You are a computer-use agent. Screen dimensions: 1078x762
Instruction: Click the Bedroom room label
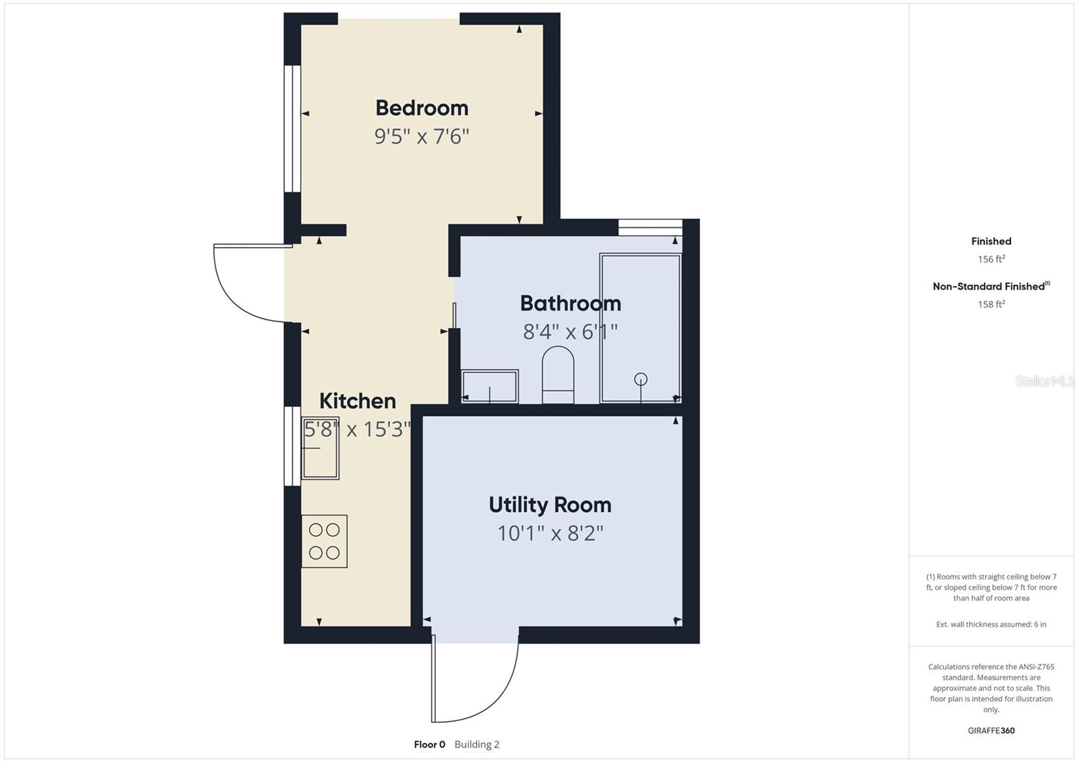422,108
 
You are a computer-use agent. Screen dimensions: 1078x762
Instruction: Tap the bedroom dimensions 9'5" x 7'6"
422,137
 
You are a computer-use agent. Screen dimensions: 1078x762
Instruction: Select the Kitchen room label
358,401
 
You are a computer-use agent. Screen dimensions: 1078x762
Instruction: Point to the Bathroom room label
570,303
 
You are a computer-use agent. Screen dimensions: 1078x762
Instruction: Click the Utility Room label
550,505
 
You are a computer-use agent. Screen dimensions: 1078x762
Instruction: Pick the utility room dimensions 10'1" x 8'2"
550,534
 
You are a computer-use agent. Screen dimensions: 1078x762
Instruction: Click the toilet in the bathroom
558,375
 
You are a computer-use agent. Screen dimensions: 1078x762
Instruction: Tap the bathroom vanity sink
489,386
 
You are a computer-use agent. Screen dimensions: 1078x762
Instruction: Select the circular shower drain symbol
641,379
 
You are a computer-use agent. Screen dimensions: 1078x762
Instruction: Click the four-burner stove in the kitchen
324,541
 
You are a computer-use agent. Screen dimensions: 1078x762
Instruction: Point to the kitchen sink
320,448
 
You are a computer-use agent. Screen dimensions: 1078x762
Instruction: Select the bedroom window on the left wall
292,129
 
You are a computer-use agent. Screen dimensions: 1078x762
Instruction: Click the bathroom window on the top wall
650,227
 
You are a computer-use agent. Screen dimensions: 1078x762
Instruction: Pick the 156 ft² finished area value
991,259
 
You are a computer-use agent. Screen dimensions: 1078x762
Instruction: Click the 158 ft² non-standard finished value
991,305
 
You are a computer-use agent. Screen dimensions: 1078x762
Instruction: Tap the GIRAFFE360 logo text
991,730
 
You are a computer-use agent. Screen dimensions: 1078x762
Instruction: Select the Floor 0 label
429,744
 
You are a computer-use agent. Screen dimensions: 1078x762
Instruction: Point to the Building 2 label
477,744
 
